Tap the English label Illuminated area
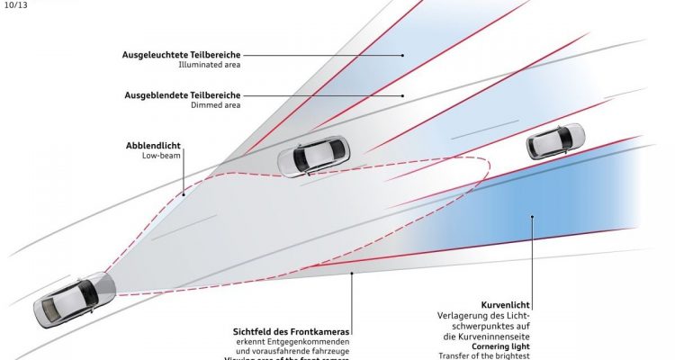[x=210, y=65]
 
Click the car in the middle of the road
[x=311, y=157]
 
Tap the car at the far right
[x=555, y=141]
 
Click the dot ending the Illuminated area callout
[x=402, y=56]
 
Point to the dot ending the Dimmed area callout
[x=402, y=95]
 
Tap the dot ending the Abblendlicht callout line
[x=183, y=192]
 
